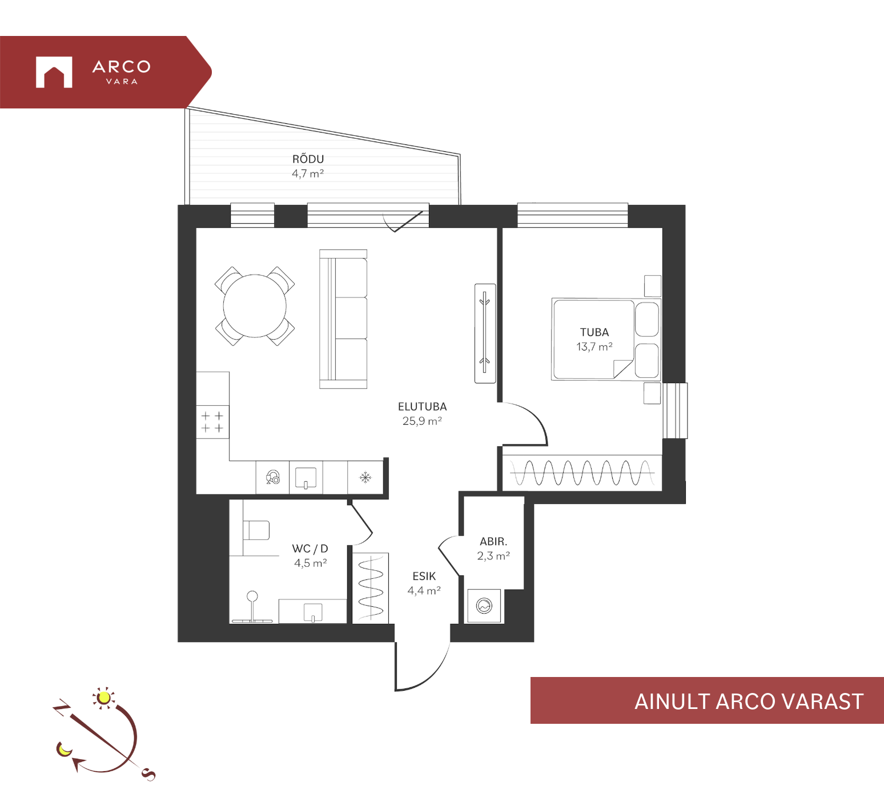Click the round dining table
pyautogui.click(x=255, y=306)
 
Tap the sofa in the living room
pyautogui.click(x=343, y=319)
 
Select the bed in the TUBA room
pyautogui.click(x=606, y=339)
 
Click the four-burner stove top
pyautogui.click(x=212, y=422)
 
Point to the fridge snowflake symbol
pyautogui.click(x=365, y=477)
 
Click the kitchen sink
pyautogui.click(x=306, y=478)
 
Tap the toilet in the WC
pyautogui.click(x=256, y=530)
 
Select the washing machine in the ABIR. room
pyautogui.click(x=484, y=606)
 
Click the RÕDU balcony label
pyautogui.click(x=308, y=159)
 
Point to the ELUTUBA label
pyautogui.click(x=423, y=406)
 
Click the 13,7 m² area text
pyautogui.click(x=594, y=346)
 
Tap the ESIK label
pyautogui.click(x=424, y=577)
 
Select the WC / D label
pyautogui.click(x=310, y=549)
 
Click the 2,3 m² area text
pyautogui.click(x=493, y=556)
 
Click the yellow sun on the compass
pyautogui.click(x=103, y=698)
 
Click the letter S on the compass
pyautogui.click(x=148, y=774)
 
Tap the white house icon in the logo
pyautogui.click(x=54, y=72)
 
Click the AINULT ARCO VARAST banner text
pyautogui.click(x=749, y=702)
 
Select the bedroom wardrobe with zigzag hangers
pyautogui.click(x=582, y=473)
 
